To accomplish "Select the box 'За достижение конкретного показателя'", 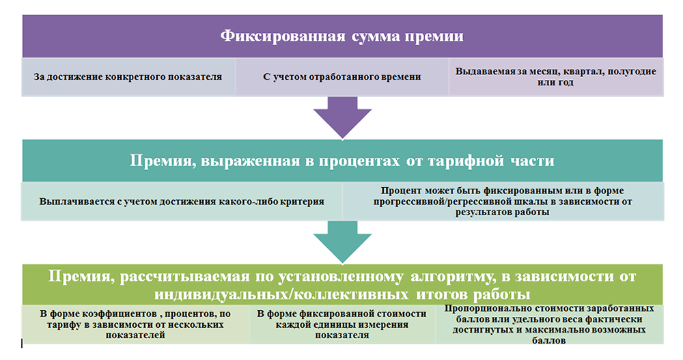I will coord(128,77).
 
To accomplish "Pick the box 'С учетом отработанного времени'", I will coord(342,77).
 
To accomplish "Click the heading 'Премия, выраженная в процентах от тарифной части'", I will coord(342,161).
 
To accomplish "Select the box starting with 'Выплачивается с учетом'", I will coord(181,202).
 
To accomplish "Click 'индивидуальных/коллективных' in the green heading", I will coord(266,294).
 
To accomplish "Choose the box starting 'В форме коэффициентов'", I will coord(136,324).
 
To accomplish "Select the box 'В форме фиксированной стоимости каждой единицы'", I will coord(341,324).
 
